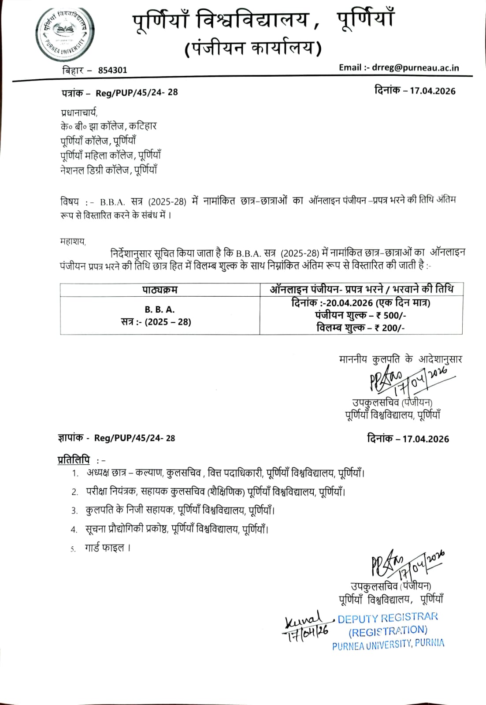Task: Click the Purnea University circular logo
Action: tap(66, 37)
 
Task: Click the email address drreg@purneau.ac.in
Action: tap(415, 67)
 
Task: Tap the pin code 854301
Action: tap(112, 70)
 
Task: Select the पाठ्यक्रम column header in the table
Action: tap(160, 290)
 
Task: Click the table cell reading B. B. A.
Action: tap(160, 310)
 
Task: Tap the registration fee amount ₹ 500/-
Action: tap(388, 315)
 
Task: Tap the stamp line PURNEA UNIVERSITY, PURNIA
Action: tap(388, 645)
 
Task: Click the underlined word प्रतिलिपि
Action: tap(74, 460)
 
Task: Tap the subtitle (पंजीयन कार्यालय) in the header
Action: tap(252, 48)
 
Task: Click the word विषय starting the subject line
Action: tap(70, 201)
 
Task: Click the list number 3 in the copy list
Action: tap(74, 511)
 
